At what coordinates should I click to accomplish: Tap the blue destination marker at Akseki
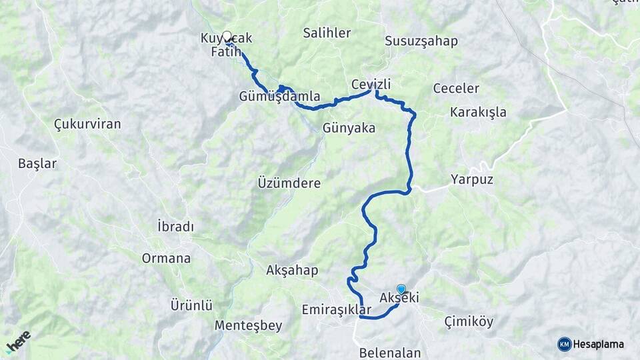tap(401, 289)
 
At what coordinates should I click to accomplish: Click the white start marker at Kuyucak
tap(227, 36)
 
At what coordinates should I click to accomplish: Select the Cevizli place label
tap(371, 85)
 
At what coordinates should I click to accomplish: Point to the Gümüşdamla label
tap(279, 97)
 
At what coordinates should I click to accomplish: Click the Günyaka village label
tap(349, 127)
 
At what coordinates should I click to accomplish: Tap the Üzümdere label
tap(289, 183)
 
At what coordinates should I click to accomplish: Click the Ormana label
tap(166, 259)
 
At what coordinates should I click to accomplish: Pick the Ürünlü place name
tap(191, 306)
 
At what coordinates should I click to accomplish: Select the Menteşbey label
tap(248, 326)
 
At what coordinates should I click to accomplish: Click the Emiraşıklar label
tap(336, 310)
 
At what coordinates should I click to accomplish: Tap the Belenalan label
tap(389, 353)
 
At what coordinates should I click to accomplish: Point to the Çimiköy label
tap(469, 322)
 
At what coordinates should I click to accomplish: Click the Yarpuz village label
tap(471, 179)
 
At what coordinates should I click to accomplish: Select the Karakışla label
tap(478, 112)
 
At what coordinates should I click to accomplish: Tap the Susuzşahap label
tap(421, 41)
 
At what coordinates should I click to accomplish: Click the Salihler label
tap(327, 33)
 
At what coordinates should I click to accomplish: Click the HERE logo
tap(18, 341)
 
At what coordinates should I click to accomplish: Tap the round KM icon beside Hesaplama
tap(564, 344)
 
